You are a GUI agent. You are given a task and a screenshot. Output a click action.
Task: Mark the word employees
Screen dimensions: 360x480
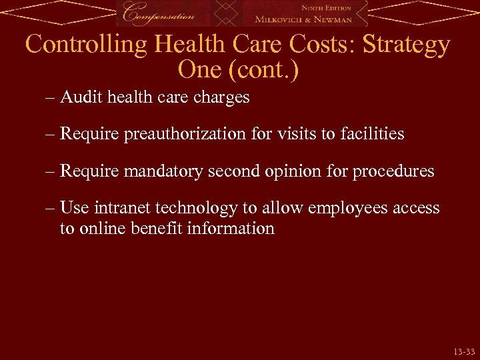click(x=330, y=209)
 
